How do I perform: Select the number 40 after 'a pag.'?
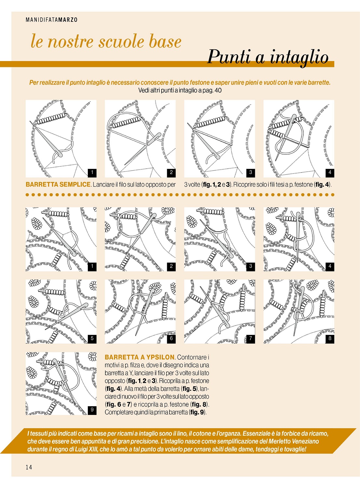218,90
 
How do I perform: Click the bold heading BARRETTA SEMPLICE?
58,185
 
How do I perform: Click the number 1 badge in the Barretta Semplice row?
92,173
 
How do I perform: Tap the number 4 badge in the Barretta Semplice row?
330,173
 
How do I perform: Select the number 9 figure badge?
92,410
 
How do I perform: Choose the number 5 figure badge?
92,338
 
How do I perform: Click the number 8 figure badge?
330,338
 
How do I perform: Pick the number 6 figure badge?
171,338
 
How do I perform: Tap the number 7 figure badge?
250,338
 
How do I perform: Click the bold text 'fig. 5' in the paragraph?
190,389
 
